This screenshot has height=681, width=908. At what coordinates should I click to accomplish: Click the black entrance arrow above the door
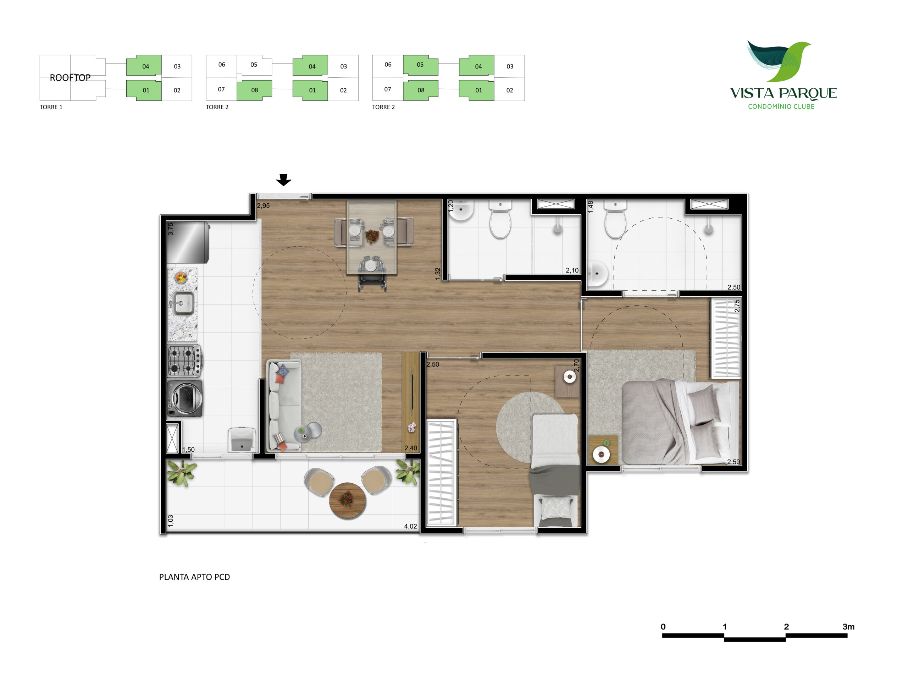point(283,180)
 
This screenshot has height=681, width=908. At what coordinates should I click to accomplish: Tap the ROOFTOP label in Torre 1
point(70,78)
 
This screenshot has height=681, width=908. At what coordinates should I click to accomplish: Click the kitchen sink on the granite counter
point(183,303)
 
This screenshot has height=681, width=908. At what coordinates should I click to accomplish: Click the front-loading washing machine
point(185,398)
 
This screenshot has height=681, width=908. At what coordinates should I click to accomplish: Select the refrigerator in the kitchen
point(188,242)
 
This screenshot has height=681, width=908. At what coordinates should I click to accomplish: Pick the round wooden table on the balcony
point(347,501)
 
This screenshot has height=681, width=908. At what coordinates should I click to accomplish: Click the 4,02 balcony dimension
point(410,526)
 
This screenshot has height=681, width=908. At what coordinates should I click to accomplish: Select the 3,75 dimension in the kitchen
point(171,229)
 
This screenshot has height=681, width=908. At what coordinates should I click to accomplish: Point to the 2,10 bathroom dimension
point(572,270)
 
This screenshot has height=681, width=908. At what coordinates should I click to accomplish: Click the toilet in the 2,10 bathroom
point(500,219)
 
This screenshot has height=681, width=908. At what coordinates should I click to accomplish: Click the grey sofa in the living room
point(284,405)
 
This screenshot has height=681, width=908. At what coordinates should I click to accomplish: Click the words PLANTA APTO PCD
point(195,577)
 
